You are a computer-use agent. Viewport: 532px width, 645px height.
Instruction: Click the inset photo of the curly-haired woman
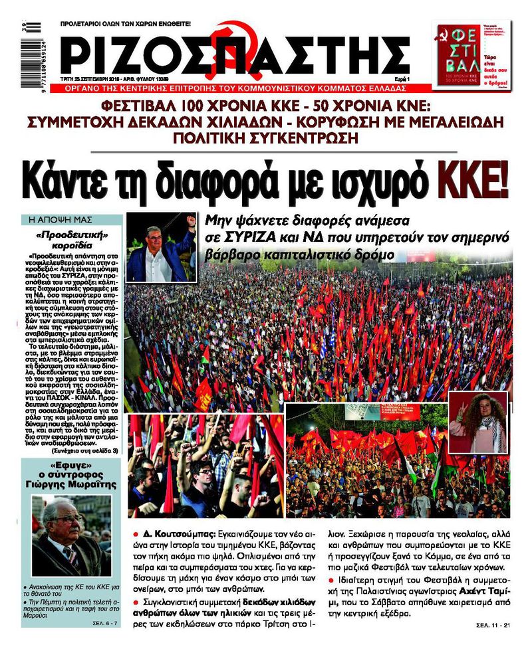(477, 422)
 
